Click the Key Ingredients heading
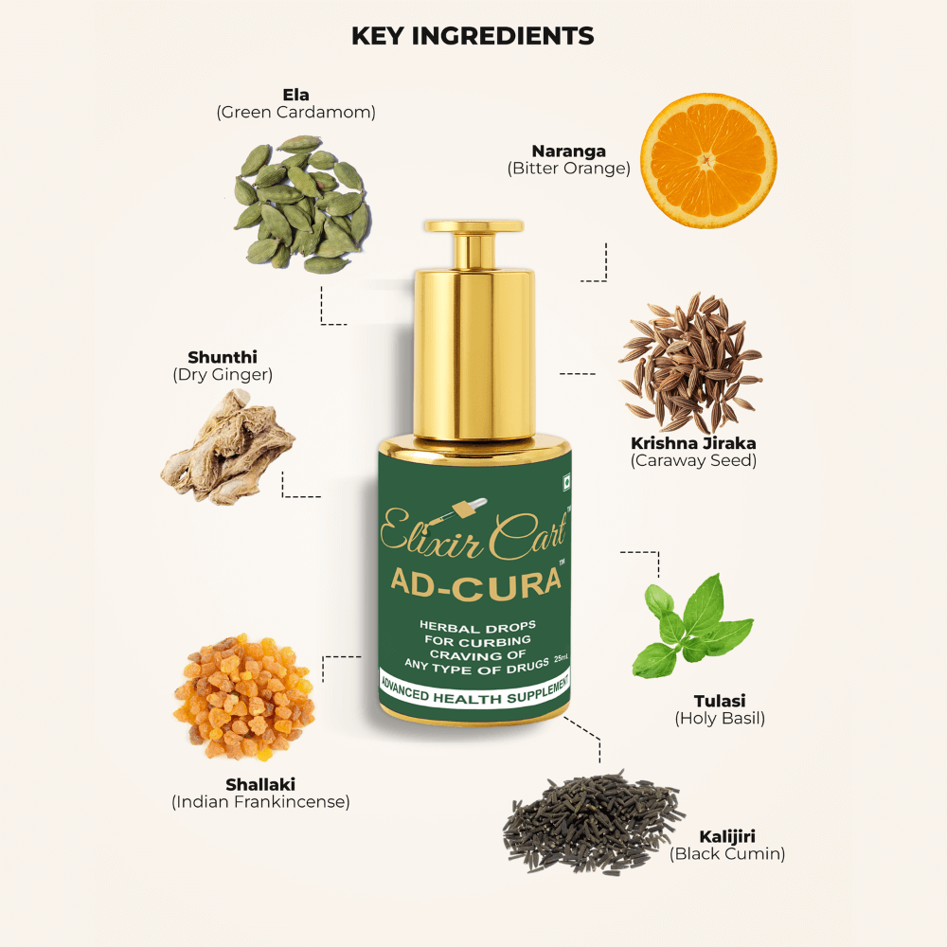[x=473, y=37]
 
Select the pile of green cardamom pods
[x=302, y=204]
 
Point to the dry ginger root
[x=227, y=446]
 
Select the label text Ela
[x=295, y=95]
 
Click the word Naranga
[x=568, y=152]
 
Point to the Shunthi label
[x=223, y=357]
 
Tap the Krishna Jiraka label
[x=693, y=443]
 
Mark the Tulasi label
[x=719, y=701]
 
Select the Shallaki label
[x=260, y=784]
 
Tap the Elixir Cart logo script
[x=473, y=533]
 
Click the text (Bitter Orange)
[x=568, y=169]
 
